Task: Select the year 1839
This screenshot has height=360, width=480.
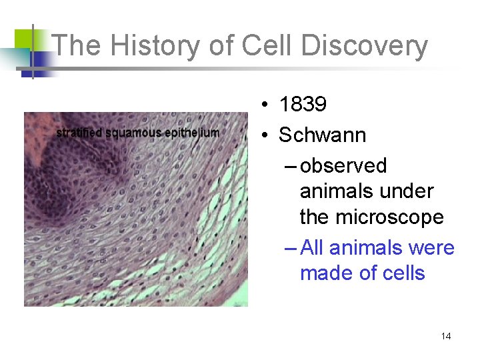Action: tap(303, 105)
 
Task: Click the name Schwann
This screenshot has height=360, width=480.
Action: tap(322, 135)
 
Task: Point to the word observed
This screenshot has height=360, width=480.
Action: tap(343, 165)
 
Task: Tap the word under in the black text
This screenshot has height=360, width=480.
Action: tap(409, 191)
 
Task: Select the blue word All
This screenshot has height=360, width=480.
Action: tap(313, 248)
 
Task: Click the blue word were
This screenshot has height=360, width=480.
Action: tap(431, 248)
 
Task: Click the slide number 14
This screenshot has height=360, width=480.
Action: tap(445, 336)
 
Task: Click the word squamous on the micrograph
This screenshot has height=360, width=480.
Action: tap(133, 133)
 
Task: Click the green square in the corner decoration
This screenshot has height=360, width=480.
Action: tap(24, 39)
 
